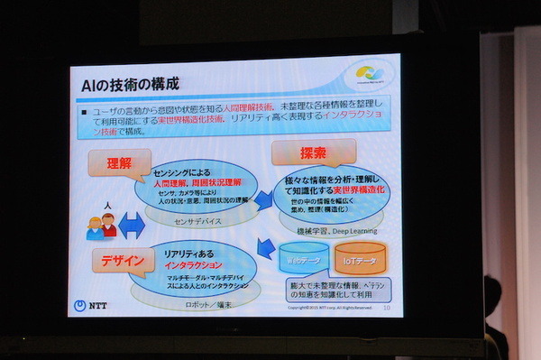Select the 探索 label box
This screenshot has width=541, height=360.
coord(300,150)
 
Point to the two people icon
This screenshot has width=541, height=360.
coord(101,225)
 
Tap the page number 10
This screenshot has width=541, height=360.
coord(385,309)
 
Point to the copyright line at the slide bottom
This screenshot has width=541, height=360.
coord(329,309)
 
